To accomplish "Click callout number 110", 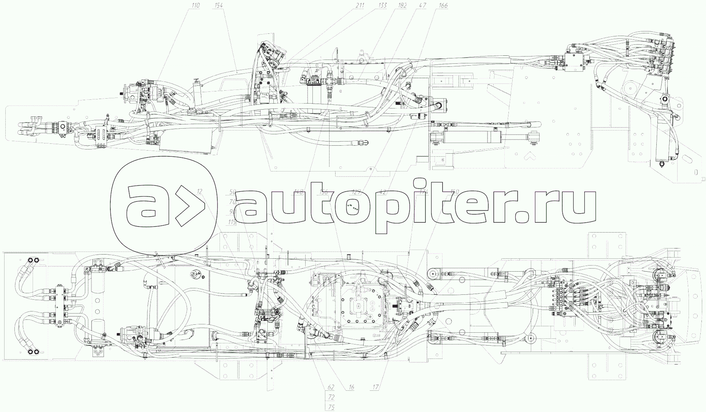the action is pyautogui.click(x=196, y=5).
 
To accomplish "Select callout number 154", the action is pyautogui.click(x=218, y=5).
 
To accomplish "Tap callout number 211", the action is pyautogui.click(x=360, y=5).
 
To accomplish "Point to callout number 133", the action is pyautogui.click(x=383, y=5).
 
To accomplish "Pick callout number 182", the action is pyautogui.click(x=403, y=5).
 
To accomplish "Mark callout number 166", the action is pyautogui.click(x=442, y=5).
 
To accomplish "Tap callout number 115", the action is pyautogui.click(x=232, y=222).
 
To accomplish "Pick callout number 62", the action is pyautogui.click(x=331, y=387).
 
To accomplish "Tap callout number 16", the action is pyautogui.click(x=351, y=387).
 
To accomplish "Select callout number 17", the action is pyautogui.click(x=375, y=387).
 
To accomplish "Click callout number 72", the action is pyautogui.click(x=331, y=398).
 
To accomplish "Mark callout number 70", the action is pyautogui.click(x=233, y=202).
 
